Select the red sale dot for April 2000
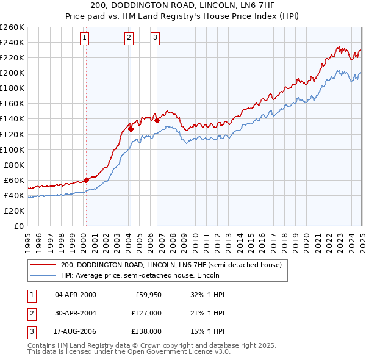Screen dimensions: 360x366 tap(86, 180)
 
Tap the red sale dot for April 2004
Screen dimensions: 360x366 tap(131, 129)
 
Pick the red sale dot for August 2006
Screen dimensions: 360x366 tap(157, 120)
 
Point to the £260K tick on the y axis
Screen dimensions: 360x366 tap(12, 27)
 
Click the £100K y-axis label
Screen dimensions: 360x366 tap(12, 149)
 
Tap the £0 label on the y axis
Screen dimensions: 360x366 tap(18, 226)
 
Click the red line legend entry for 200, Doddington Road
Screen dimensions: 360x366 tap(171, 265)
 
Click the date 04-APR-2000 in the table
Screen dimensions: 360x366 tap(76, 295)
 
